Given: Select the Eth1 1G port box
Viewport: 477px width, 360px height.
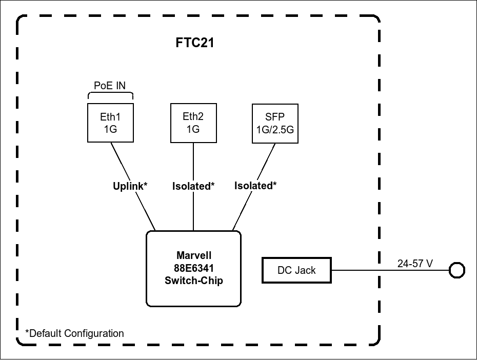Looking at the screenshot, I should coord(110,123).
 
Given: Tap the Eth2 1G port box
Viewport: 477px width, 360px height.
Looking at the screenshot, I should coord(193,123).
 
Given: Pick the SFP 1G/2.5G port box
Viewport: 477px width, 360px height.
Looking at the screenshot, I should coord(275,123).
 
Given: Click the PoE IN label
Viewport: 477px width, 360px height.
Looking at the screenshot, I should coord(110,86).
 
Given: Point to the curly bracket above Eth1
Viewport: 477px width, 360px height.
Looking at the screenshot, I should coord(110,95).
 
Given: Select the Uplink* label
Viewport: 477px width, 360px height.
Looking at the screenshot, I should coord(130,186).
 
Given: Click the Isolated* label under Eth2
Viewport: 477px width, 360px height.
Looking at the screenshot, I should coord(193,186).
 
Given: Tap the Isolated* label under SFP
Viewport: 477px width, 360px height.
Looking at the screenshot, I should coord(255,186).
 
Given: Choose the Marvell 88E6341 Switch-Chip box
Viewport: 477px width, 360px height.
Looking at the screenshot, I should coord(193,268).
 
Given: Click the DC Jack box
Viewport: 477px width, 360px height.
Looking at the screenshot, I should coord(296,270).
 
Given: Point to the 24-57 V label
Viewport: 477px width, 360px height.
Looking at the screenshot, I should coord(415,264).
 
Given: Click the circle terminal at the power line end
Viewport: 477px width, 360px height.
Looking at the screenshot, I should coord(456,270).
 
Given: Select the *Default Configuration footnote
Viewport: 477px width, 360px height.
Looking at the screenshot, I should coord(75,333).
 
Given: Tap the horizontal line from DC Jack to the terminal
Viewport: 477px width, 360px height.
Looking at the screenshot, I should coord(390,270).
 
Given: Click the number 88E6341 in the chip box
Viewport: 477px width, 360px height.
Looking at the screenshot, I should coord(193,268).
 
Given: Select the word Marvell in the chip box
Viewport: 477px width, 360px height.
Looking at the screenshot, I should coord(193,255).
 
